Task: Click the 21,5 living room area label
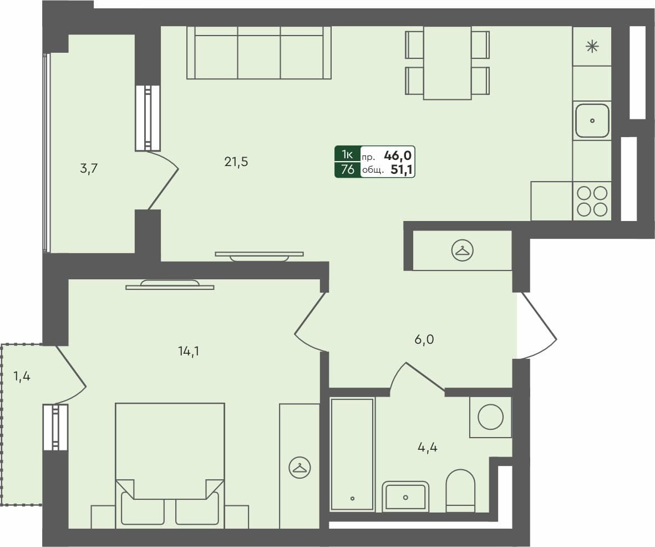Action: tap(236, 162)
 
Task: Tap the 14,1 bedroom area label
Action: tap(188, 350)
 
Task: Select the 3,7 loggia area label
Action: tap(89, 169)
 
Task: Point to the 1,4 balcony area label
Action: tap(22, 377)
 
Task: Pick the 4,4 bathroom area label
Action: tap(427, 447)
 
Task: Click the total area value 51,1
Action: tap(402, 170)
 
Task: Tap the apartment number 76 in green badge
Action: tap(348, 170)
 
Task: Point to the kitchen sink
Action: tap(592, 121)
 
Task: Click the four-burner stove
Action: tap(592, 201)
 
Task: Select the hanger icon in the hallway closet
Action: tap(462, 250)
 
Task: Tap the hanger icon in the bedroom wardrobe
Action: tap(299, 468)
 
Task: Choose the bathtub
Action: tap(352, 454)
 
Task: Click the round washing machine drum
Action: tap(490, 416)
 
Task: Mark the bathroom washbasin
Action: tap(406, 496)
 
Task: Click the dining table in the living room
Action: tap(447, 62)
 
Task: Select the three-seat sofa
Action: tap(259, 53)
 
